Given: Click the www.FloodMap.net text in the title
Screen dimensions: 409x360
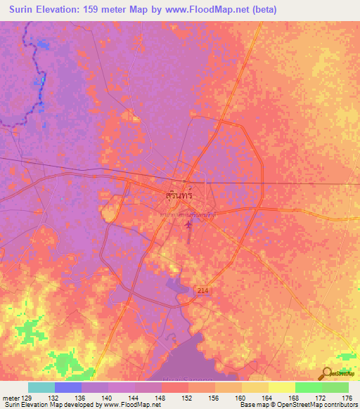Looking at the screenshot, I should tap(217, 10).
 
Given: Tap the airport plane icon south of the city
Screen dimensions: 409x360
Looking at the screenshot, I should tap(187, 226).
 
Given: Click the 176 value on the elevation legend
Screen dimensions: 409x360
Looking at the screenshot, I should tap(346, 397).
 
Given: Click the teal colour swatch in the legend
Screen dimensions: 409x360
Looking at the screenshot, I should tap(41, 387).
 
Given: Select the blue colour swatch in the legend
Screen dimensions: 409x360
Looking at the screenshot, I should tap(68, 387).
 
